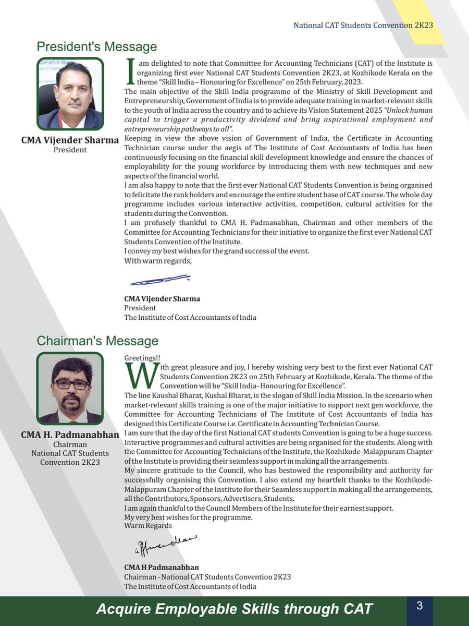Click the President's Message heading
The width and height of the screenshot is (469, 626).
[96, 47]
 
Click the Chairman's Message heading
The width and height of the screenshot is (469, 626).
[97, 341]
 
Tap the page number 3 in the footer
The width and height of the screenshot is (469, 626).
[419, 606]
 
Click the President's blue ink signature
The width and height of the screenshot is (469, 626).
[159, 280]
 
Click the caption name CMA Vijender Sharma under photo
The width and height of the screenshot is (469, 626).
[70, 140]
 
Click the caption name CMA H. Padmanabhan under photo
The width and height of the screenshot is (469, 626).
[70, 435]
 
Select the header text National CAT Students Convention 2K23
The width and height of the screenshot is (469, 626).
[363, 25]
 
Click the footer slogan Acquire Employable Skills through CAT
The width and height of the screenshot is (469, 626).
[234, 609]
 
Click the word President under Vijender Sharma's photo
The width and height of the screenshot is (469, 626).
[70, 150]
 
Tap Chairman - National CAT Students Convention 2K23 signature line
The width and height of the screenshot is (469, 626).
[207, 577]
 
